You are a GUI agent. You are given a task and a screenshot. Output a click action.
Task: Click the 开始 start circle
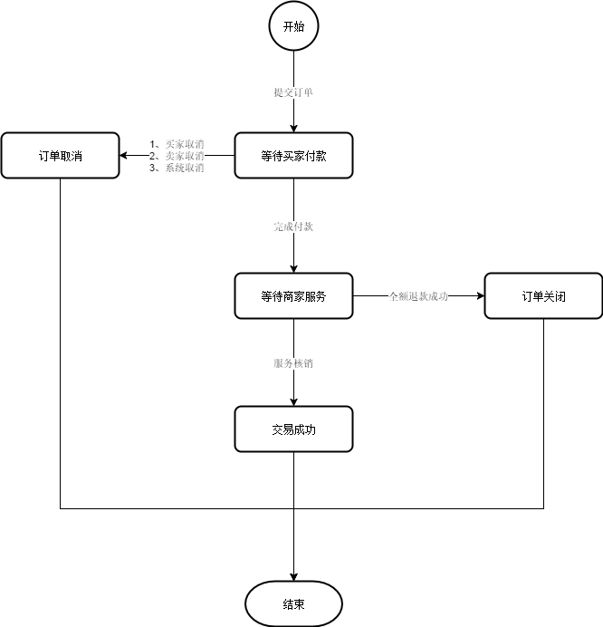click(293, 27)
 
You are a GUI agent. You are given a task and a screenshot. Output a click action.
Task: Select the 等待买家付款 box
click(293, 156)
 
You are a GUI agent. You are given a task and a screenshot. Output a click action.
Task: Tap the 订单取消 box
click(60, 156)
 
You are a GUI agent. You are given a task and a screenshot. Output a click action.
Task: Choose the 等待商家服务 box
click(293, 295)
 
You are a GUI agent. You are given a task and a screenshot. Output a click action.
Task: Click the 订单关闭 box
click(543, 295)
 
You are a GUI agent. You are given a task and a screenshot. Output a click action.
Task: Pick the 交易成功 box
click(293, 429)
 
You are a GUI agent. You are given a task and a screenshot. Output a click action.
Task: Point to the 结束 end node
click(293, 604)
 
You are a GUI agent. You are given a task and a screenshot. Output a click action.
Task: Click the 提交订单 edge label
click(293, 92)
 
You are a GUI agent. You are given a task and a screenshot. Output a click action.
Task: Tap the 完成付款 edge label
click(293, 227)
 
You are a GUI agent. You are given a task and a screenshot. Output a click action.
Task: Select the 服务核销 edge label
click(293, 363)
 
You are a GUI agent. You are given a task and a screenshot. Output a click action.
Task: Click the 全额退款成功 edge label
click(418, 295)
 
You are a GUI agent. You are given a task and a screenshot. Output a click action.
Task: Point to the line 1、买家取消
click(177, 143)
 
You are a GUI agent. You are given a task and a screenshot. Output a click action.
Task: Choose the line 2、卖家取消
click(177, 156)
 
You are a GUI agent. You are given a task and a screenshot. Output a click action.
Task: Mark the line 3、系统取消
click(177, 168)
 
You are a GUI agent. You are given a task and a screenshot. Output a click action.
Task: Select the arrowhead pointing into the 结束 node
click(293, 575)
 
